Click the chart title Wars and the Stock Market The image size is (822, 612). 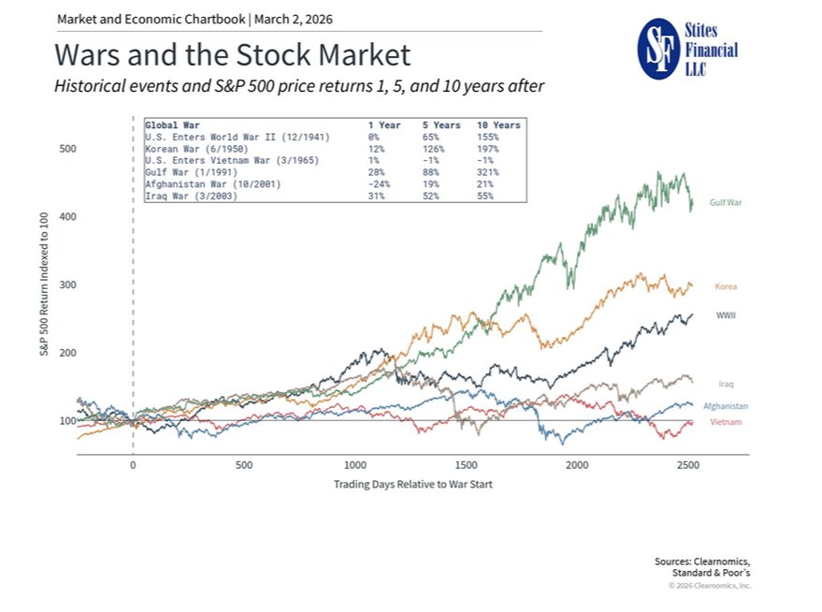coord(232,55)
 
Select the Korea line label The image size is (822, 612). coord(726,286)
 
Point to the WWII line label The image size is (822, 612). coord(725,315)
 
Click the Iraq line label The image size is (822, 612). coord(726,384)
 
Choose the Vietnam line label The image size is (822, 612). coord(725,422)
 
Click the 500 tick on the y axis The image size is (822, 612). coord(68,149)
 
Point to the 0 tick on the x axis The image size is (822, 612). coord(133,465)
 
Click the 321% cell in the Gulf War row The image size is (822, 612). coord(487,172)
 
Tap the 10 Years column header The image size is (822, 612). coord(498,124)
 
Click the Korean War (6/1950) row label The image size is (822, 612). coord(196,148)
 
